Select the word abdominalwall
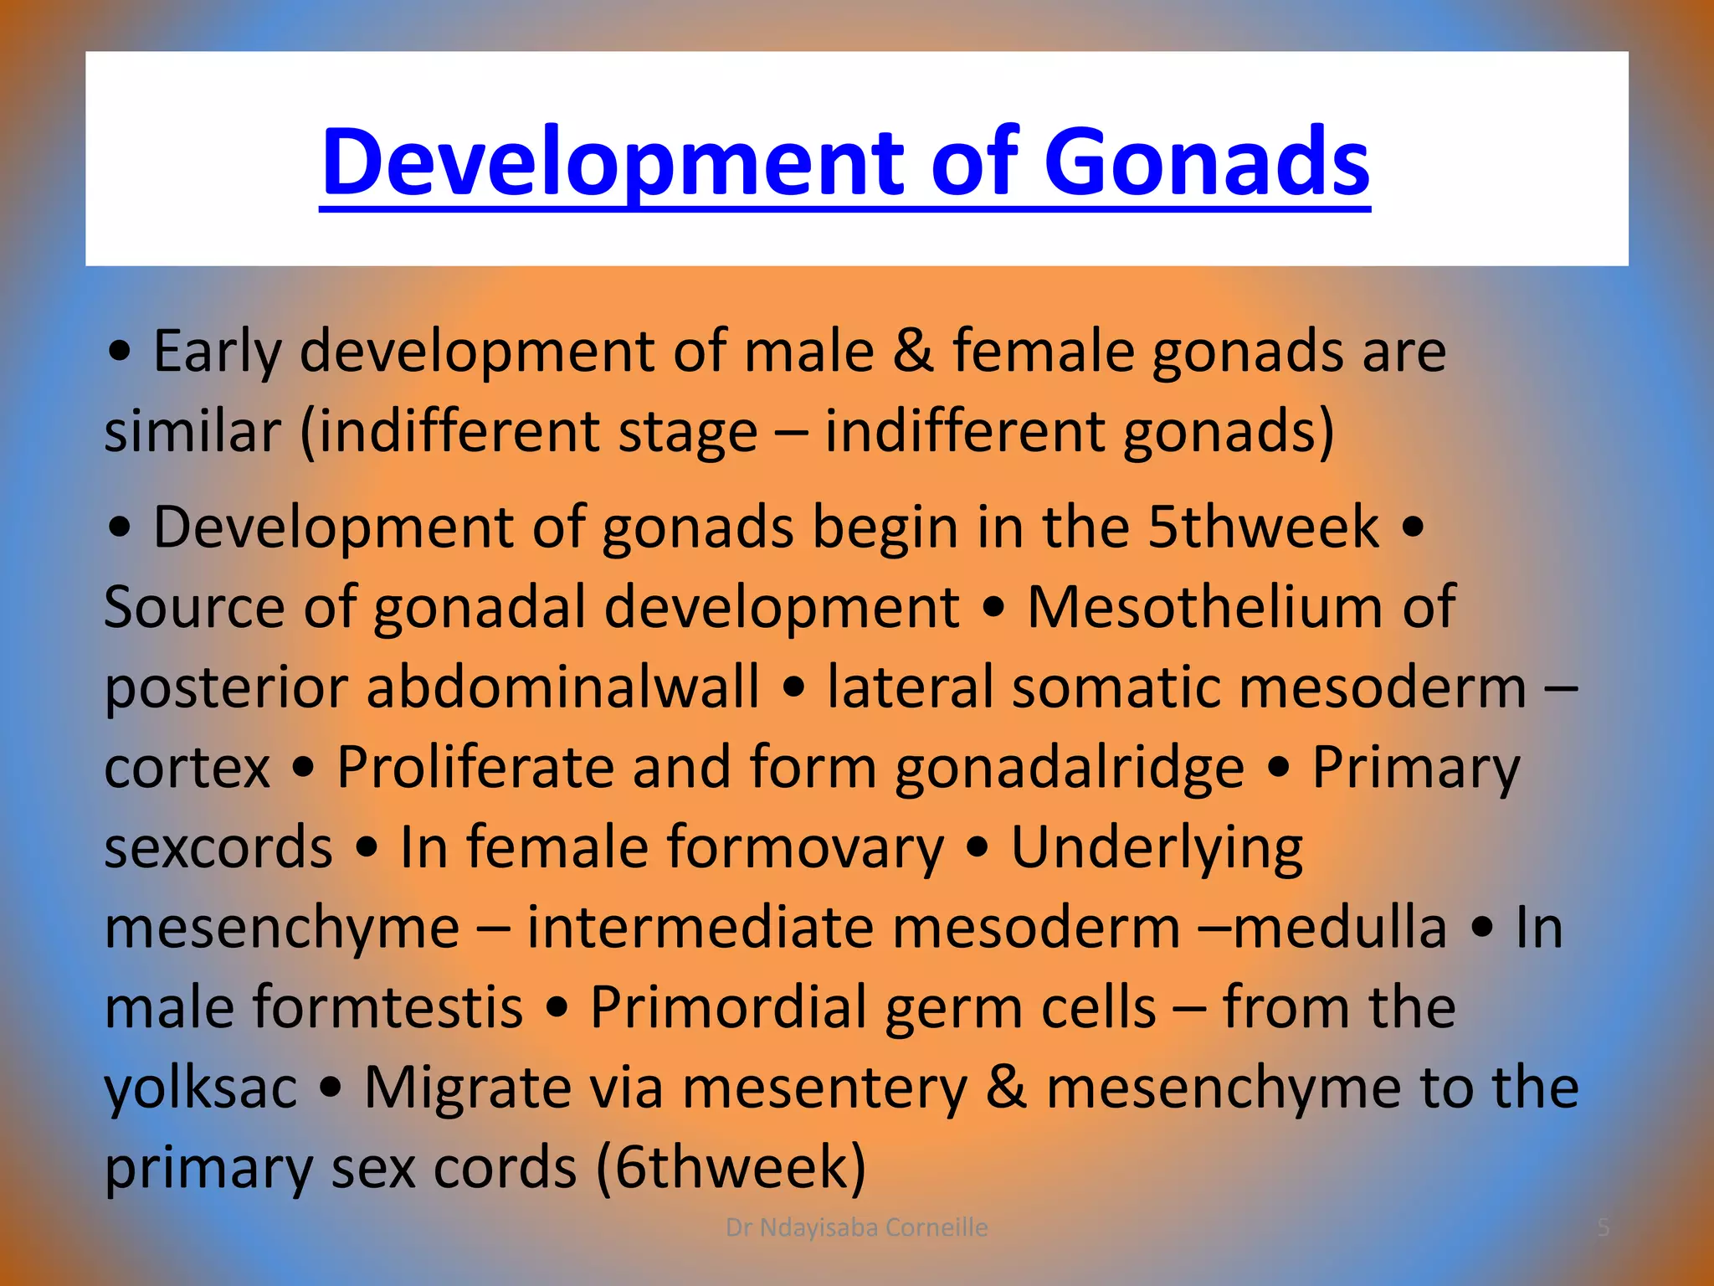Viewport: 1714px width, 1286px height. tap(562, 687)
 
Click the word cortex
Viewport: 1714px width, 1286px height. tap(187, 767)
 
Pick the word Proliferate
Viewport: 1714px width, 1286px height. tap(474, 767)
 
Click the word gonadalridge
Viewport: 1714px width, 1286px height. tap(1070, 767)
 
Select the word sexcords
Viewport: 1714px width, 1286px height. tap(218, 846)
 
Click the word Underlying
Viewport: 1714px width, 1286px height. tap(1157, 846)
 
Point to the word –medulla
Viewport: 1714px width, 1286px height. tap(1322, 927)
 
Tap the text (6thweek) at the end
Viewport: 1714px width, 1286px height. tap(731, 1167)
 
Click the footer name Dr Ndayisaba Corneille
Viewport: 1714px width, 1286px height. tap(856, 1227)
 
